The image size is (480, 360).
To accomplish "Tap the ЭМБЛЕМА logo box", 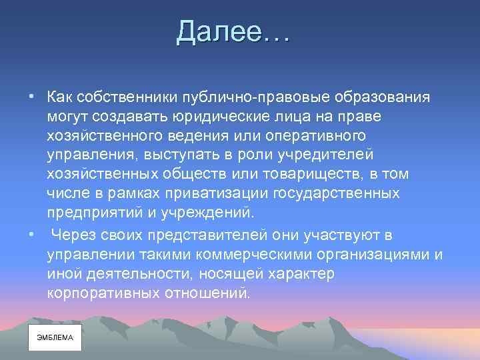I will [54, 337].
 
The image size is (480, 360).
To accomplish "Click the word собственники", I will [117, 97].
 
